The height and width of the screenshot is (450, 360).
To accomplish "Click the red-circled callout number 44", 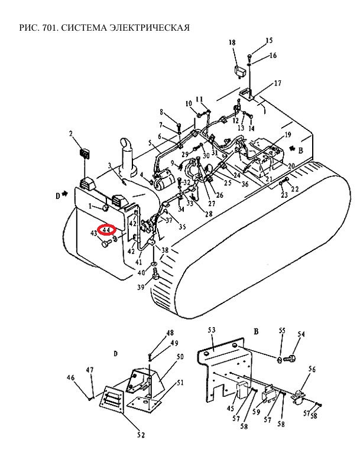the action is click(x=106, y=230).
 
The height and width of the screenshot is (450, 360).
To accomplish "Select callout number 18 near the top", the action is click(x=232, y=43).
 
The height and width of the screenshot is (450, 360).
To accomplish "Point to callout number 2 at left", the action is click(x=71, y=133).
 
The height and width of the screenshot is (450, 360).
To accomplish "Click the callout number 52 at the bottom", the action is click(x=141, y=435).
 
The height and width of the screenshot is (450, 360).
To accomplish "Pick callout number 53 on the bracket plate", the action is click(x=212, y=330).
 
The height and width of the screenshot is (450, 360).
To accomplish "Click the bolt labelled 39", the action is click(x=156, y=273).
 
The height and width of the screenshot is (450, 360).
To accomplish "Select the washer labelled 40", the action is click(x=154, y=263).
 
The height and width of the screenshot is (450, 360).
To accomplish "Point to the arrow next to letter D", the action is click(x=65, y=194).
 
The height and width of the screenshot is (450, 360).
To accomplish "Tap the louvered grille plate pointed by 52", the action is click(x=112, y=399).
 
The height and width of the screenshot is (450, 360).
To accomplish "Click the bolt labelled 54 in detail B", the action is click(x=290, y=358).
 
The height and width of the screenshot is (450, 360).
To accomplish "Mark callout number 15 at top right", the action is click(x=269, y=41).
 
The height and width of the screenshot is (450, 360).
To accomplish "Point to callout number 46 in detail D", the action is click(x=70, y=377).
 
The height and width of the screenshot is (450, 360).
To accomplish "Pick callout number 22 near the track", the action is click(x=295, y=189).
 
